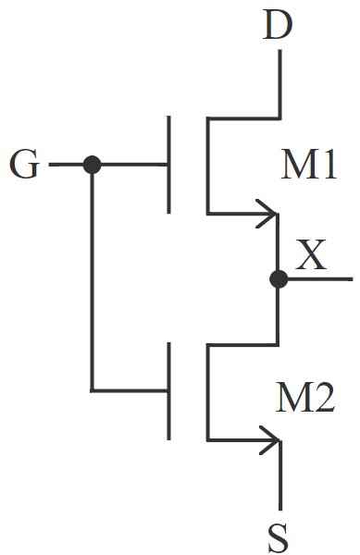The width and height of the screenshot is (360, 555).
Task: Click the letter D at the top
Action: (278, 24)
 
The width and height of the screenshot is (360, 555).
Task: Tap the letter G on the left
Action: (25, 166)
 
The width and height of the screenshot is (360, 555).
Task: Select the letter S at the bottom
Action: (279, 536)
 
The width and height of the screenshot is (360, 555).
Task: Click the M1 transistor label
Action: (309, 168)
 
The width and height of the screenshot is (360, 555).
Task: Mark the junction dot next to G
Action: (92, 166)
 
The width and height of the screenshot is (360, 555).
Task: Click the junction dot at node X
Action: (278, 278)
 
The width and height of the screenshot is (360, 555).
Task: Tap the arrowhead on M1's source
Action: (269, 214)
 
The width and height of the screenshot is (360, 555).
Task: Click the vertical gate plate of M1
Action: (169, 165)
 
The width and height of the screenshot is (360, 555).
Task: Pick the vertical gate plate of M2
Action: (169, 390)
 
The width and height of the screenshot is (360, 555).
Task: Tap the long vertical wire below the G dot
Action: (92, 277)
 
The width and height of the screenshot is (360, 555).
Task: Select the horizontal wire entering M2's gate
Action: (130, 389)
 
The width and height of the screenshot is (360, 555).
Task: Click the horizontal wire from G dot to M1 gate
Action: (130, 166)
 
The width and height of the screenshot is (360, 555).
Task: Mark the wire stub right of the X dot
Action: (319, 278)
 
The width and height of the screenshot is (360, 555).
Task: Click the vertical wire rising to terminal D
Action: (279, 83)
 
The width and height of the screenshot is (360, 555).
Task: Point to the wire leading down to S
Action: (279, 481)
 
